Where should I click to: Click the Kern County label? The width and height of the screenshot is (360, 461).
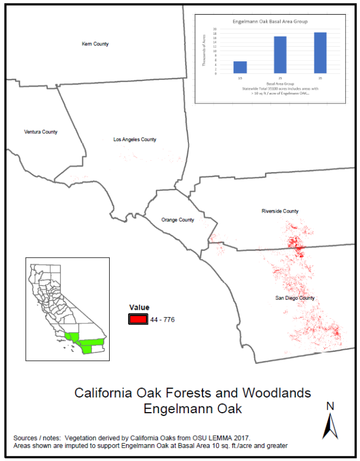(x=95, y=44)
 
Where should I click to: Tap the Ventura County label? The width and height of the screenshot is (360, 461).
(x=40, y=132)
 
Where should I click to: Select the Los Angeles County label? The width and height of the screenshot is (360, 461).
(x=135, y=139)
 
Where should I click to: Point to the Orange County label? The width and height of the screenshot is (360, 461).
(x=178, y=220)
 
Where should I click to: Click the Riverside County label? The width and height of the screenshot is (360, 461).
(x=280, y=211)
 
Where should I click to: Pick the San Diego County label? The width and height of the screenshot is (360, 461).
(x=295, y=298)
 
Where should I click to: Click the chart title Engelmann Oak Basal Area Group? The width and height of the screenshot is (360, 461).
(x=273, y=21)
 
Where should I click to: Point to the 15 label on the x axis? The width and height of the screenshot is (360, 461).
(x=240, y=78)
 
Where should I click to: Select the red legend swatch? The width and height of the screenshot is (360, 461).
(x=138, y=319)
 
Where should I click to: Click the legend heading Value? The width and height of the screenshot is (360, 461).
(x=139, y=308)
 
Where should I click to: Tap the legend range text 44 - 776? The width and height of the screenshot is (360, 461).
(x=163, y=319)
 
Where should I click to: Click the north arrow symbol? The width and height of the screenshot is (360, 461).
(x=330, y=422)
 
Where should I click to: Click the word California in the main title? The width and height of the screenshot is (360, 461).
(x=104, y=392)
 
